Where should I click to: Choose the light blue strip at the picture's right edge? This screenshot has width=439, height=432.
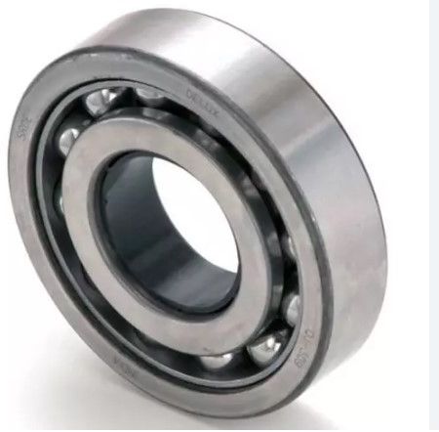click(x=433, y=215)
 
